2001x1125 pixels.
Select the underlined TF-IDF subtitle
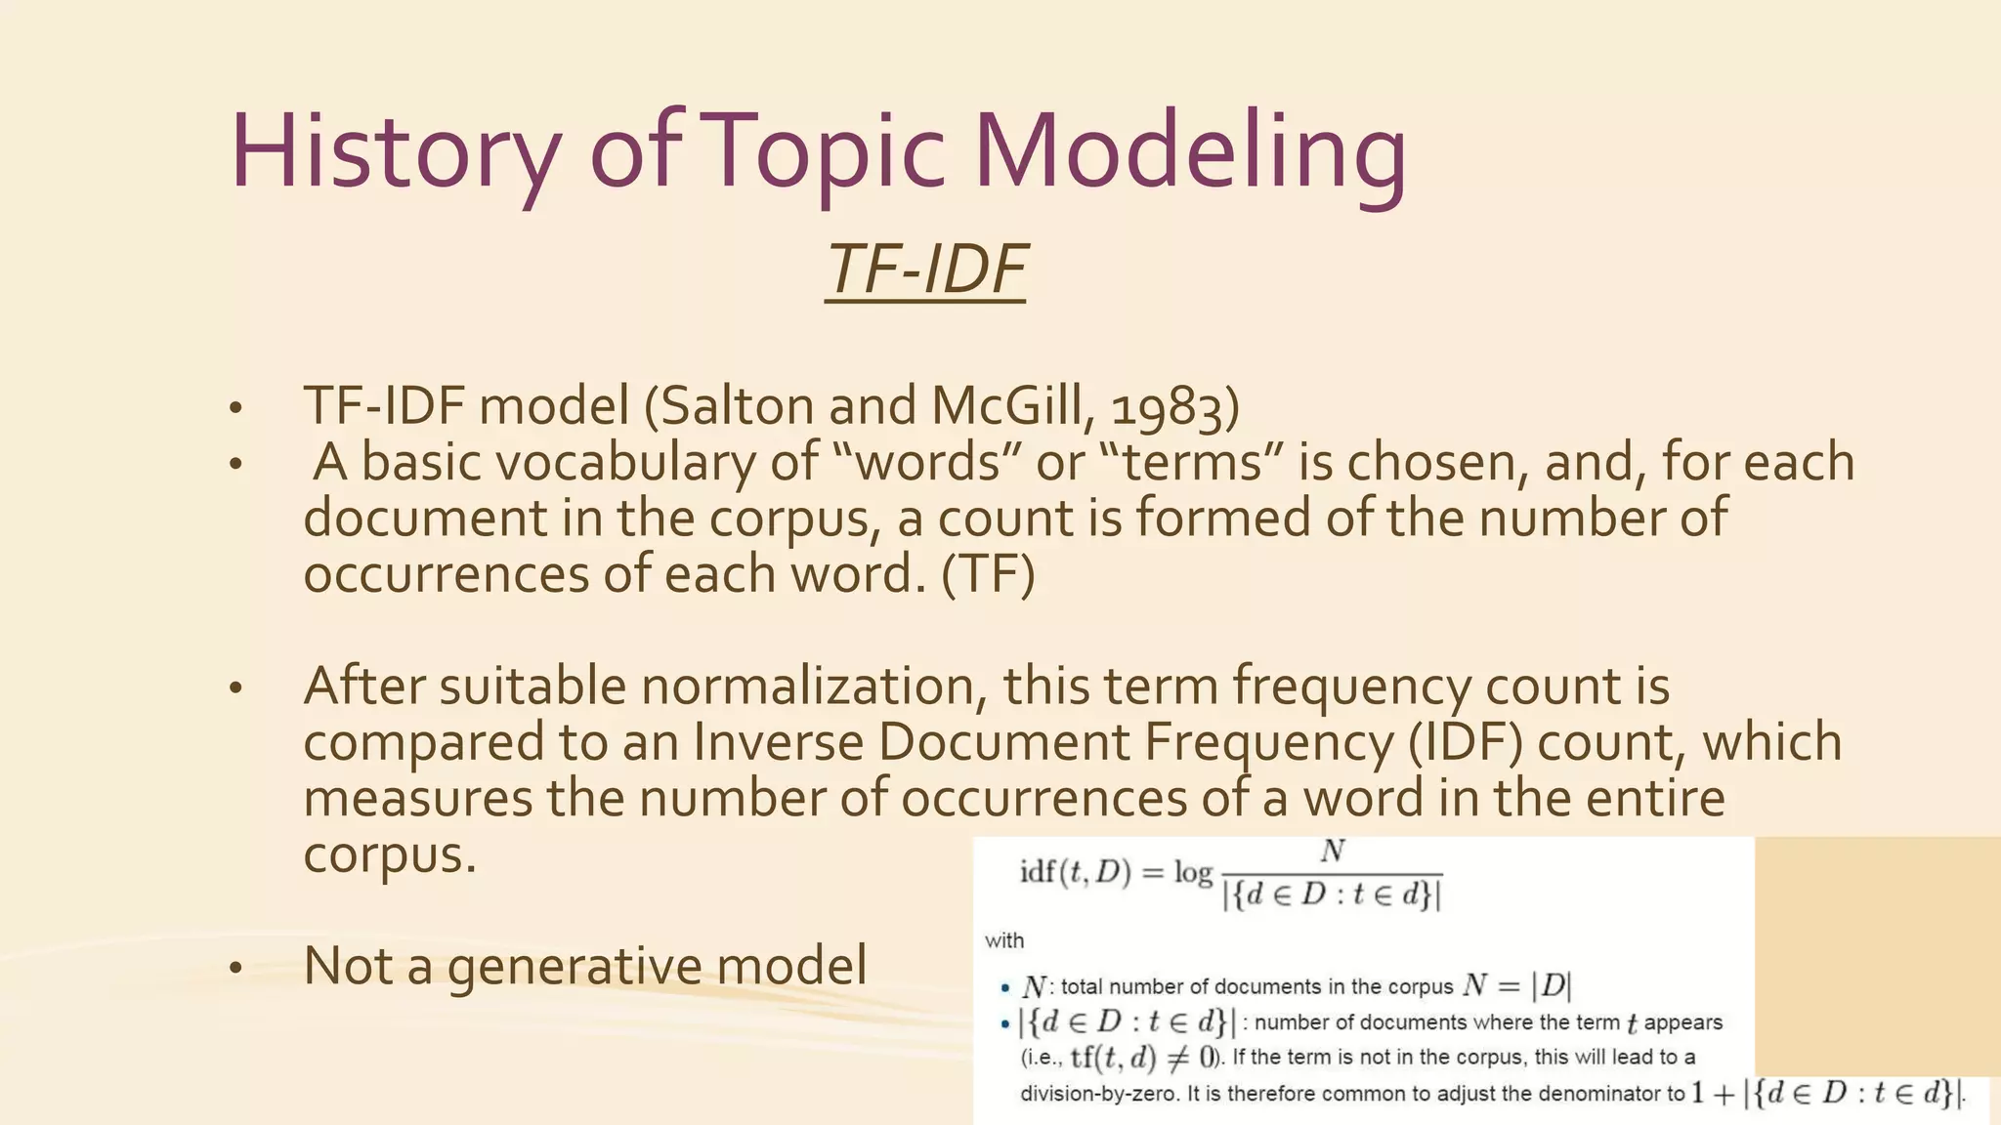point(925,270)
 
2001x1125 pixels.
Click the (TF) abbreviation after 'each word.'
point(988,574)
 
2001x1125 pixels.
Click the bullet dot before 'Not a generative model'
point(234,968)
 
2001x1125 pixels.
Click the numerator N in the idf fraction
point(1333,852)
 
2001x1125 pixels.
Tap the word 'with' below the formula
point(1004,940)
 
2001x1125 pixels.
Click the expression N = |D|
point(1517,985)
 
